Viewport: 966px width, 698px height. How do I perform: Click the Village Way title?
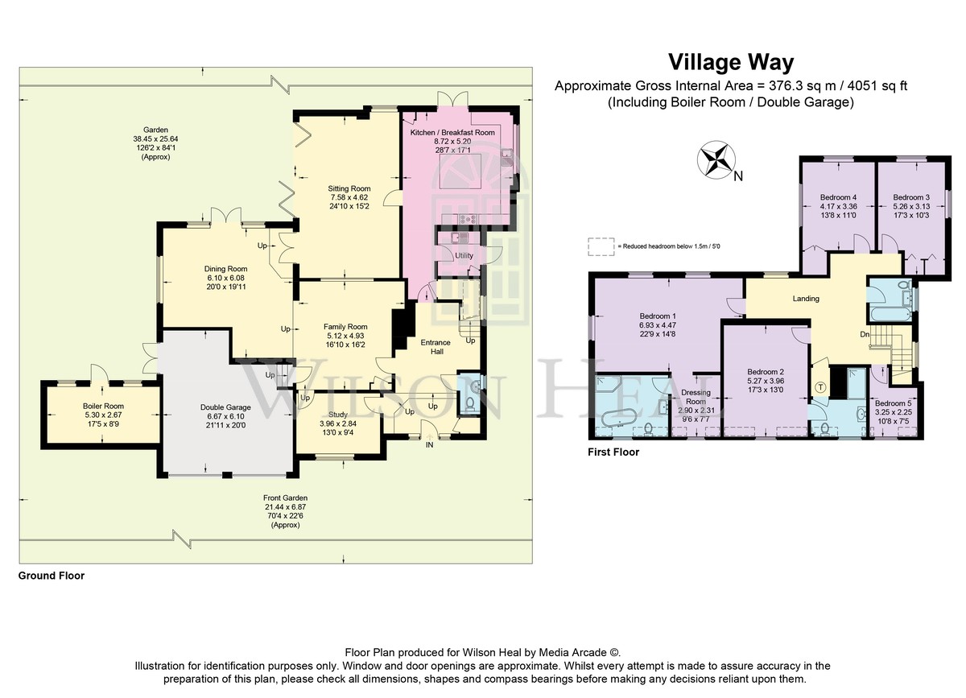[731, 63]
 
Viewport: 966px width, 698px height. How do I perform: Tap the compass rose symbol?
[716, 159]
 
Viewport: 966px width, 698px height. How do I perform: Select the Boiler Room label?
[103, 407]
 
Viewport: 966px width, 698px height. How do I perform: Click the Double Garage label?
[225, 407]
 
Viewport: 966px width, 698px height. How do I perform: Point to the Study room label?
[338, 415]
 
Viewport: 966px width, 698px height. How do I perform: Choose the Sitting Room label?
[349, 188]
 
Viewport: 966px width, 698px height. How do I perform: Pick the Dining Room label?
[225, 269]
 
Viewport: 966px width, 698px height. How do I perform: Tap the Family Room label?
[345, 327]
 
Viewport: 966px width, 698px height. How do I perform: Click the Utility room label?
[464, 256]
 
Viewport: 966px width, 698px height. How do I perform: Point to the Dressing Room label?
[696, 397]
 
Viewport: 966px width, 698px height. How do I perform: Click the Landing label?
[806, 299]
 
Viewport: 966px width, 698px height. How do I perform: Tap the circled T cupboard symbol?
[820, 387]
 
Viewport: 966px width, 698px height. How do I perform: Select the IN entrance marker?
[430, 444]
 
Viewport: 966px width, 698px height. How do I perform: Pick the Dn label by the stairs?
[865, 334]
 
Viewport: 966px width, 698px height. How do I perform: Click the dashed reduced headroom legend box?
[601, 247]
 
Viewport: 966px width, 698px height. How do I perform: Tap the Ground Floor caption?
[52, 576]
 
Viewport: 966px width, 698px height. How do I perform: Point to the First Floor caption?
[613, 452]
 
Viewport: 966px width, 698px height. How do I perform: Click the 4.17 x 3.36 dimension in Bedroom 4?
[838, 207]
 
